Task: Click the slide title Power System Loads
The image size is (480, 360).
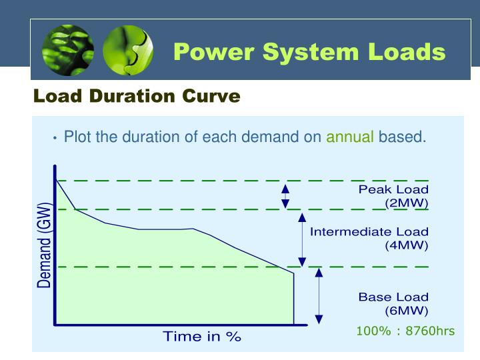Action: click(x=309, y=51)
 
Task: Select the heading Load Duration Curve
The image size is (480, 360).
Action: click(x=137, y=97)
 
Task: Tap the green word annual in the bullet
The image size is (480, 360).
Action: click(x=349, y=137)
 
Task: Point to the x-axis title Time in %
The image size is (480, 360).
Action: click(x=202, y=337)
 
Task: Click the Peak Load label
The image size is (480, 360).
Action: click(x=393, y=190)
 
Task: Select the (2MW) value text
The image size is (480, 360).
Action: click(x=406, y=203)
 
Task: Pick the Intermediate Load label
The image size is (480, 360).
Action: click(x=369, y=232)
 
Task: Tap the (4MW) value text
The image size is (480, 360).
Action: click(x=406, y=245)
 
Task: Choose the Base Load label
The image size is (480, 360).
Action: click(x=393, y=297)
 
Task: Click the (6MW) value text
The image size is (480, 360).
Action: click(x=406, y=310)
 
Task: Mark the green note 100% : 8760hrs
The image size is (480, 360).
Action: click(x=405, y=331)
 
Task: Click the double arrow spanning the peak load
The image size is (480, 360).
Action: click(x=285, y=195)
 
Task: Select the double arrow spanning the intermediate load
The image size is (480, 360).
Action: click(x=302, y=239)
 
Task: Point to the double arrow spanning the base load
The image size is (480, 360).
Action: click(x=319, y=295)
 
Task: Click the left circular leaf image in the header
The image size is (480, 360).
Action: click(x=68, y=51)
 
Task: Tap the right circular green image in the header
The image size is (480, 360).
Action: click(x=127, y=51)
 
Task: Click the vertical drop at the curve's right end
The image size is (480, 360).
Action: click(x=294, y=298)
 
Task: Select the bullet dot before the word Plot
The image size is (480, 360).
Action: click(x=55, y=139)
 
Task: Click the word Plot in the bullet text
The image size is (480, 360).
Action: click(x=77, y=137)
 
